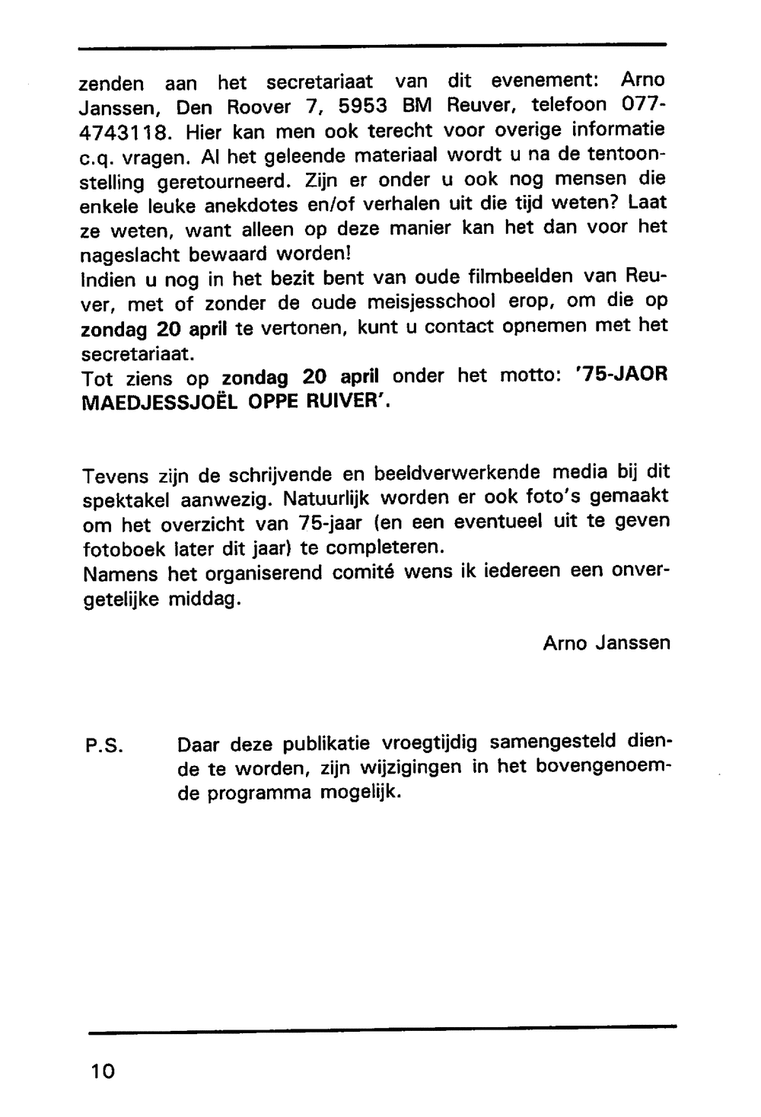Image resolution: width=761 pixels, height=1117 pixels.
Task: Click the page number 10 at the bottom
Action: pyautogui.click(x=102, y=1071)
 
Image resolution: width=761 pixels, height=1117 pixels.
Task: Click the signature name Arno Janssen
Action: pyautogui.click(x=607, y=643)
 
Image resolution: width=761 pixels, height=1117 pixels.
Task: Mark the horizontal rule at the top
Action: pyautogui.click(x=372, y=46)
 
